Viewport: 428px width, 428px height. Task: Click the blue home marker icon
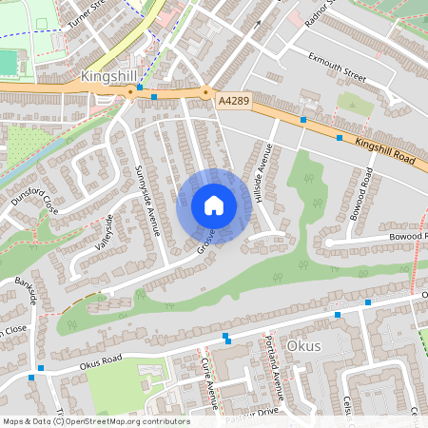coord(214,205)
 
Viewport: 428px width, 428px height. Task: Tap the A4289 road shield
coord(234,98)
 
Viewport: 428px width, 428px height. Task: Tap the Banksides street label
coord(26,290)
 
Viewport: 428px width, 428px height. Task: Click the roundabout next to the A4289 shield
coord(205,92)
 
